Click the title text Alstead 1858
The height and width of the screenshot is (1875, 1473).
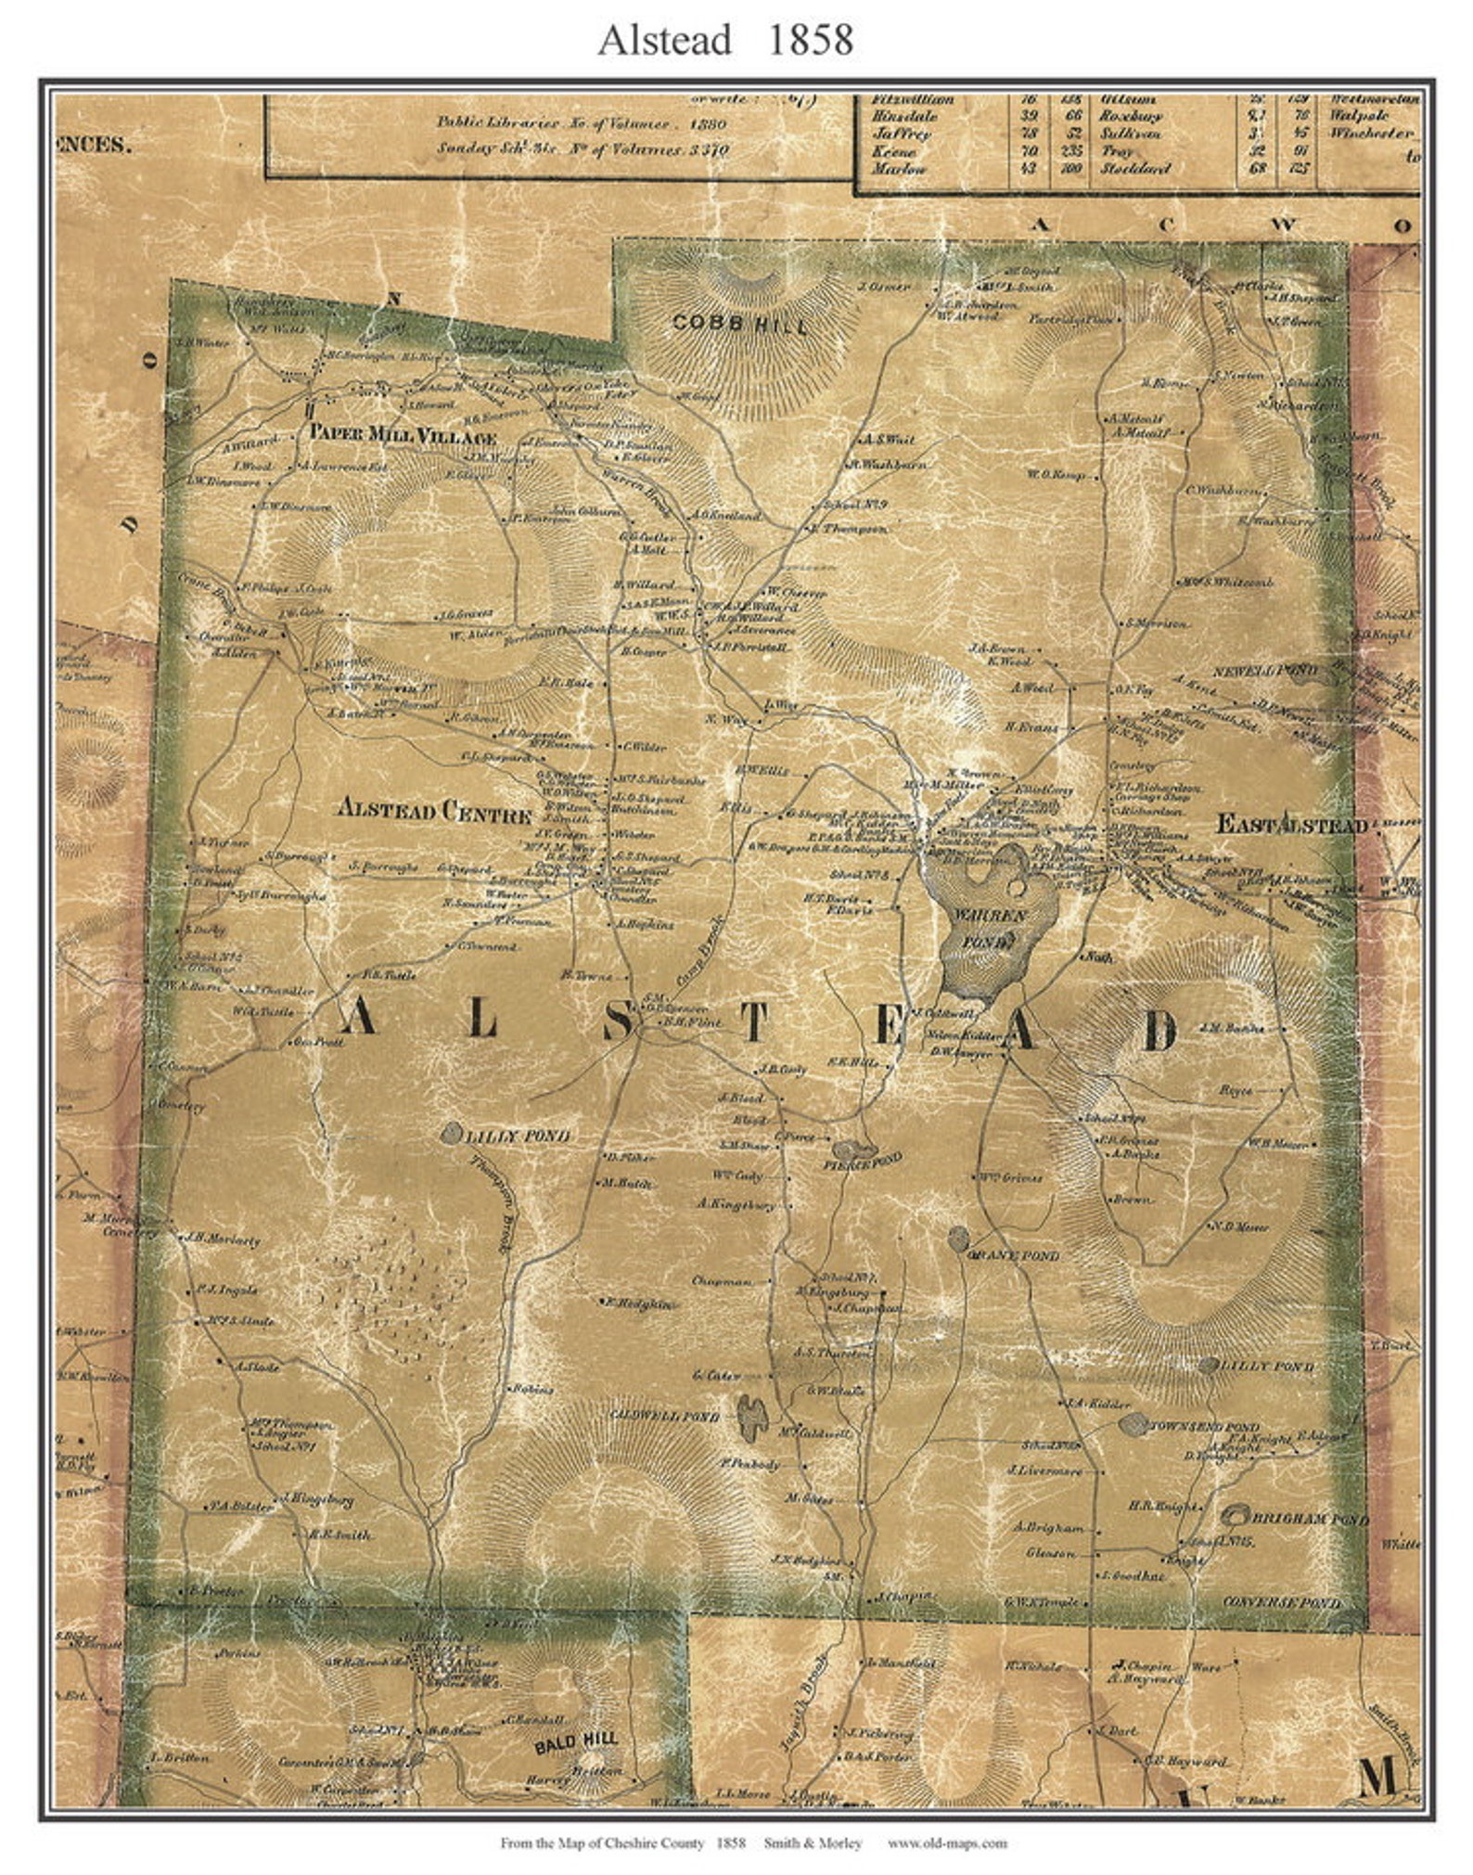pyautogui.click(x=725, y=41)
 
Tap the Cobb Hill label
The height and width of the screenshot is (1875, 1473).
pyautogui.click(x=740, y=324)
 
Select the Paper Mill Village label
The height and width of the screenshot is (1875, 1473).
pyautogui.click(x=403, y=435)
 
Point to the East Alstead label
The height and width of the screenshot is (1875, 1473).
pyautogui.click(x=1291, y=825)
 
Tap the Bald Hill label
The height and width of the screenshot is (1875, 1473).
pyautogui.click(x=576, y=1745)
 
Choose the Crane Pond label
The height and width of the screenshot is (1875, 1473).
pyautogui.click(x=1013, y=1256)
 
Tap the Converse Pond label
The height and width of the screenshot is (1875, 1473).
pyautogui.click(x=1281, y=1602)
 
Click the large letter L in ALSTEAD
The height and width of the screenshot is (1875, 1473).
pyautogui.click(x=481, y=1020)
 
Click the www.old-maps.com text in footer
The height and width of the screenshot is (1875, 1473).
pyautogui.click(x=946, y=1843)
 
